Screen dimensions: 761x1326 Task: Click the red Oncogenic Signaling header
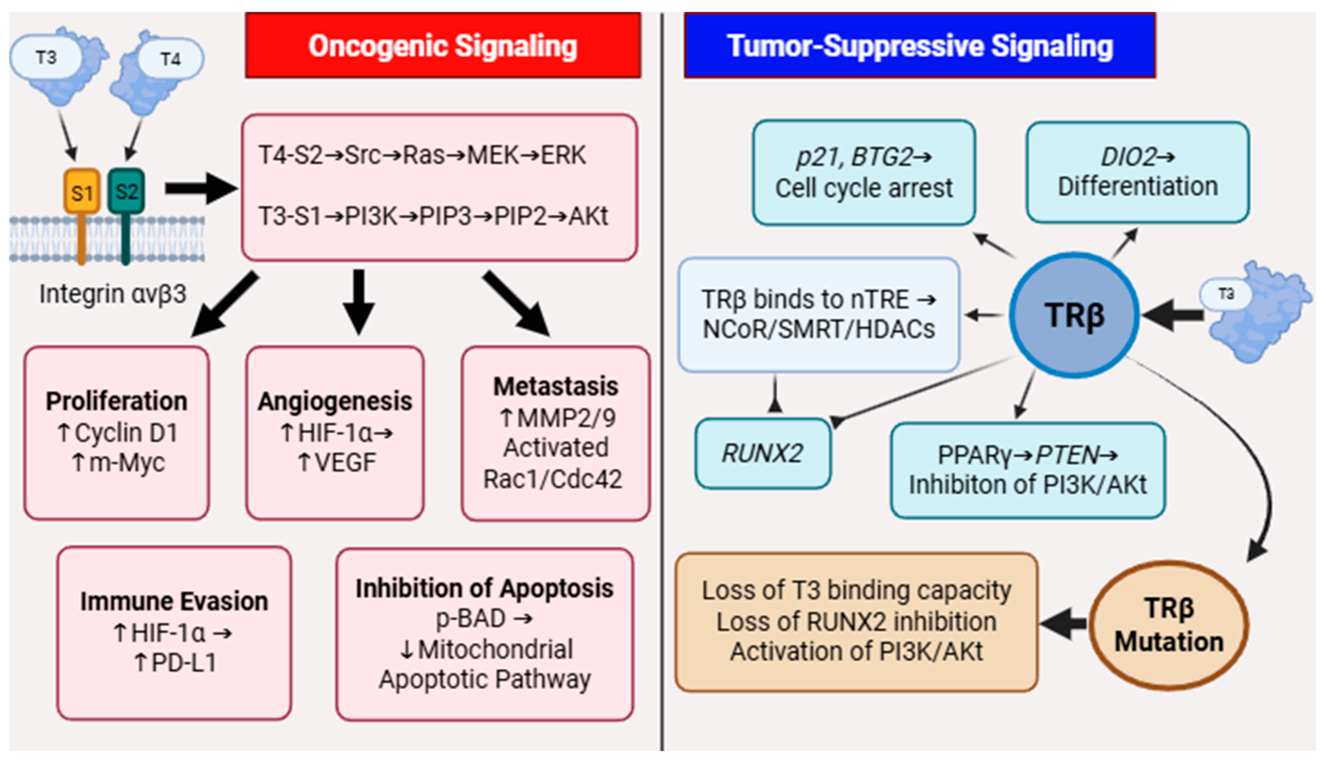[x=443, y=46]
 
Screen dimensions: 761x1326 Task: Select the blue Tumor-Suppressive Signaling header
[x=919, y=46]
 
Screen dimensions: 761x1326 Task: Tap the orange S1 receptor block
[x=81, y=192]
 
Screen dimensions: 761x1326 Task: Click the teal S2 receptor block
[x=126, y=191]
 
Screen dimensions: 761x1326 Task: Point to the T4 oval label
[x=170, y=59]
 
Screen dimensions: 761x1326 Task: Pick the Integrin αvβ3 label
[x=112, y=294]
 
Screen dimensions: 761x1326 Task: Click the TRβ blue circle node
[x=1074, y=315]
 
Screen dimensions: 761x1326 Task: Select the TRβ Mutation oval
[x=1169, y=625]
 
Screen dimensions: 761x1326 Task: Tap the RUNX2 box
[x=762, y=453]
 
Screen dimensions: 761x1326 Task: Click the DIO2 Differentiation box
[x=1138, y=172]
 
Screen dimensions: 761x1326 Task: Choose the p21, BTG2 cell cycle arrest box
[x=863, y=173]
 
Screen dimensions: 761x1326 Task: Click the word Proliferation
[x=117, y=401]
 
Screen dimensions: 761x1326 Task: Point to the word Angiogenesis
[x=335, y=401]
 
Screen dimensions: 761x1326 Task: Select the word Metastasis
[x=556, y=386]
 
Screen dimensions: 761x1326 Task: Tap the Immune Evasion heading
[x=174, y=601]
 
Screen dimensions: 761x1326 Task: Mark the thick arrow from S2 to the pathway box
[x=201, y=188]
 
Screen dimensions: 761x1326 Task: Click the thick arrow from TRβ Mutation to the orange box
[x=1064, y=623]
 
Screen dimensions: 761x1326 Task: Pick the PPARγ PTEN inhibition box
[x=1028, y=470]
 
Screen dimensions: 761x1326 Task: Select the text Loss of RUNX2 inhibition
[x=856, y=621]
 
